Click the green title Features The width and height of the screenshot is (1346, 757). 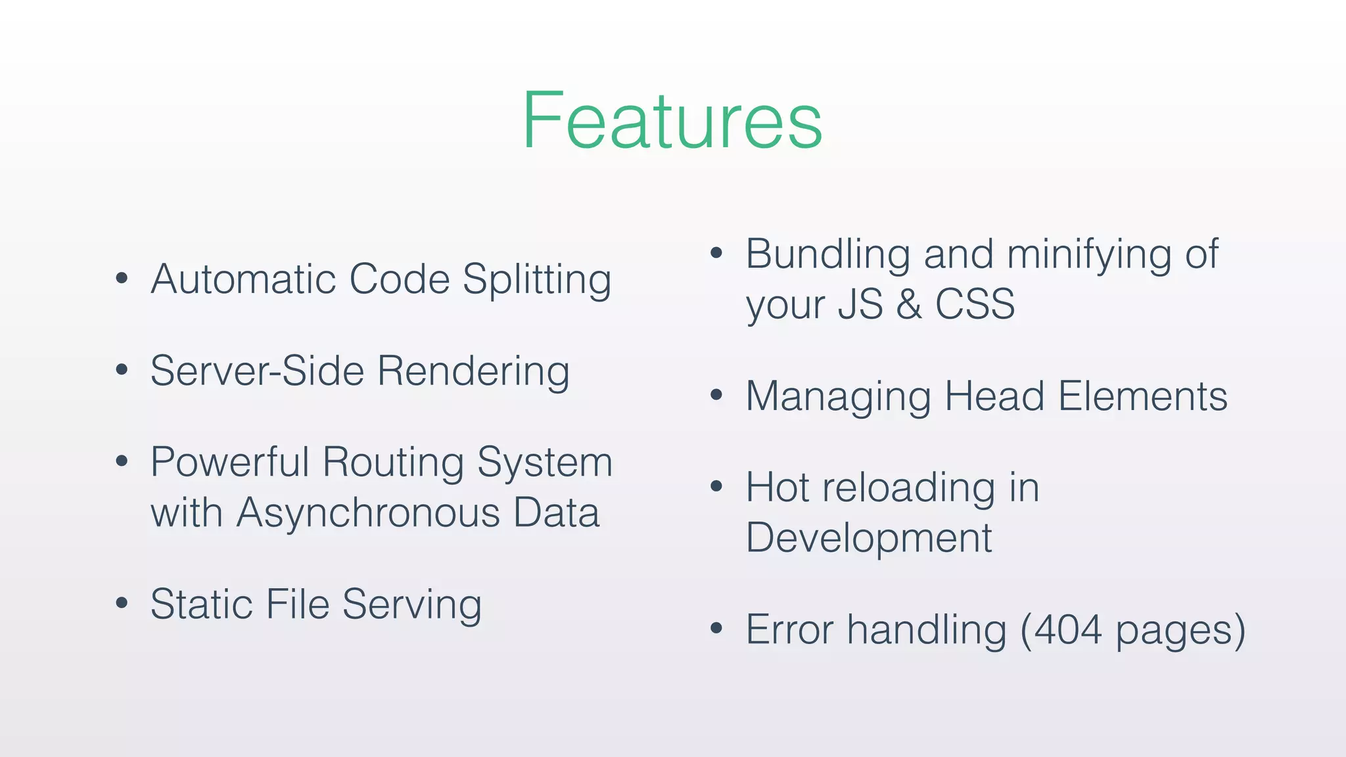pos(672,121)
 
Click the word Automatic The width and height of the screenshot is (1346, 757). pos(244,279)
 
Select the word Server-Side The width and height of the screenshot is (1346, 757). pos(257,371)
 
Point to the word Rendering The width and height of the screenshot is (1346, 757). pos(473,372)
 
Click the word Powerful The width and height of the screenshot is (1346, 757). pos(229,462)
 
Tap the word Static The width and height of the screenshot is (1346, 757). pos(201,604)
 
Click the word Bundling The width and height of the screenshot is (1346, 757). pos(827,255)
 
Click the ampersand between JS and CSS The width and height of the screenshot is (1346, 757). pos(909,304)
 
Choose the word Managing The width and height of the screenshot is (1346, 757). pos(838,398)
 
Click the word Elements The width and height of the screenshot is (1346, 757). pos(1143,396)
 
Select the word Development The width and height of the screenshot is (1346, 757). pos(869,538)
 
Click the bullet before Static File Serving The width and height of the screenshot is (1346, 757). pos(122,603)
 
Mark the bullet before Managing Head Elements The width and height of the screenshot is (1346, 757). pos(716,395)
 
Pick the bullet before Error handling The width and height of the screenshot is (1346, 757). pos(716,628)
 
